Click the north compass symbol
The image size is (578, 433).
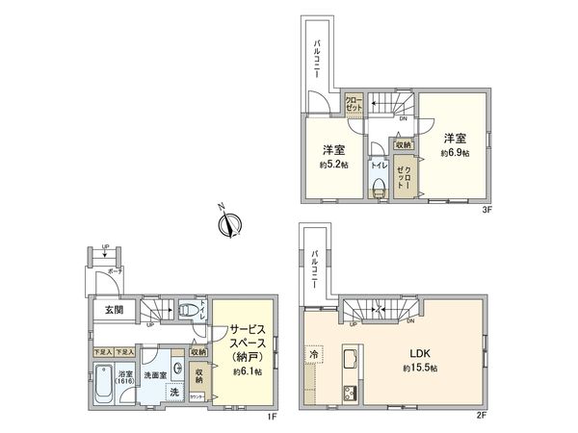tap(228, 225)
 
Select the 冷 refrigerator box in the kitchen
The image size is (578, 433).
tap(314, 355)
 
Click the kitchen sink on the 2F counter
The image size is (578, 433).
tap(349, 364)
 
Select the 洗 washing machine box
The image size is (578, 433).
tap(174, 391)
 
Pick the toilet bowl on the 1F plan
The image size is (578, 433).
tap(192, 310)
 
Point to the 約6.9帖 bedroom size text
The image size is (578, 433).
tap(455, 153)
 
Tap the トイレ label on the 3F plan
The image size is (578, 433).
tap(377, 166)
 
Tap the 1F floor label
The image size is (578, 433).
tap(273, 416)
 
